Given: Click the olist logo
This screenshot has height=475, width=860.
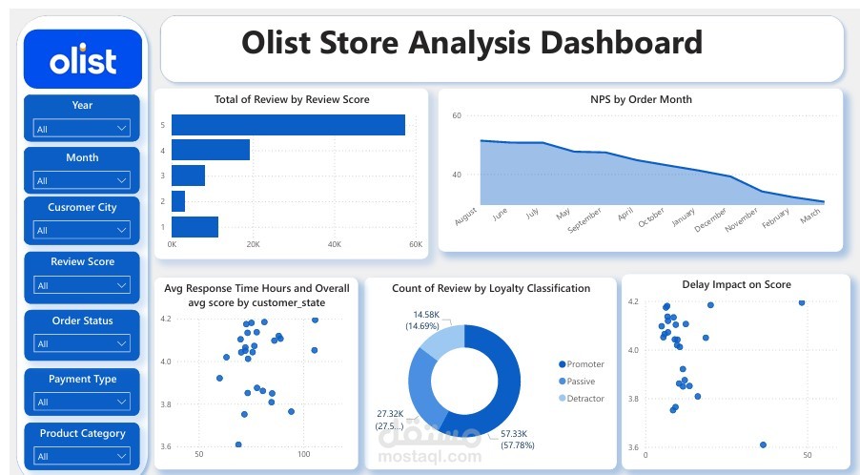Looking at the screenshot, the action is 83,59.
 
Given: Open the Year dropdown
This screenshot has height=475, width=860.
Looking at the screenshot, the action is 81,129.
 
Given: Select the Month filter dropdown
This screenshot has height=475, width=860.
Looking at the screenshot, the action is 81,180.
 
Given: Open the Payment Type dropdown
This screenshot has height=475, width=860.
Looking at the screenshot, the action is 81,402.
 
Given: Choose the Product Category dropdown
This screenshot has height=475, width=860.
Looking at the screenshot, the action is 81,456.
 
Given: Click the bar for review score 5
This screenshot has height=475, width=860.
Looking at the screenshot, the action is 289,125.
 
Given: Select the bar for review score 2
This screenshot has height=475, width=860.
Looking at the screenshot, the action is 178,201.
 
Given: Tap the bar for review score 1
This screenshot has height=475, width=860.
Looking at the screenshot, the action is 195,227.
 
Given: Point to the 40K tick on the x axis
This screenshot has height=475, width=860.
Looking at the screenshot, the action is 335,244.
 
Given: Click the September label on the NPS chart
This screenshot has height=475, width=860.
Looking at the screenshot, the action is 584,219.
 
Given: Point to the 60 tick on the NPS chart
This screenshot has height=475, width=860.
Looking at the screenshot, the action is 457,115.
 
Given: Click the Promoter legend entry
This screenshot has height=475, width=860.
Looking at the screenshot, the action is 582,364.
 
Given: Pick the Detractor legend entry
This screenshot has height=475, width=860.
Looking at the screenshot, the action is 582,399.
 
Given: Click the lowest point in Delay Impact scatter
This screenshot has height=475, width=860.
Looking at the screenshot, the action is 763,444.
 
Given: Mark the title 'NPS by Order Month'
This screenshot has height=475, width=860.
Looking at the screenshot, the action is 641,99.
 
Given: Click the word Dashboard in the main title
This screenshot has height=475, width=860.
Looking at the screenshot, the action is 622,43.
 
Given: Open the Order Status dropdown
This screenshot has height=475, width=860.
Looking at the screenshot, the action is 81,343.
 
